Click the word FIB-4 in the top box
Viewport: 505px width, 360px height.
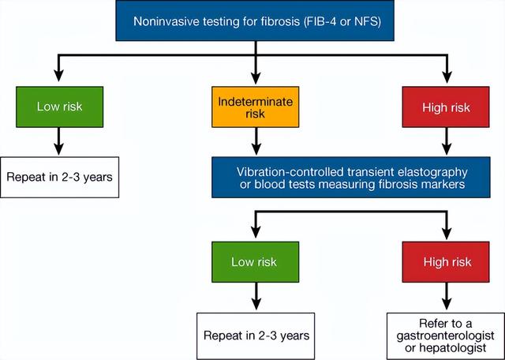320,21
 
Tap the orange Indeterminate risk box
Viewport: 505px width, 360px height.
256,107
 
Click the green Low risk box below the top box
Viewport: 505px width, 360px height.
60,107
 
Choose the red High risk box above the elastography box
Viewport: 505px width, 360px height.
446,107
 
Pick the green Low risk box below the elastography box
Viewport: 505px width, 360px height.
256,262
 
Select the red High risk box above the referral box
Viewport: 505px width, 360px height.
446,262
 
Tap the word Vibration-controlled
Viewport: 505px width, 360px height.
290,172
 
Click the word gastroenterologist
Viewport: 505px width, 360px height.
445,336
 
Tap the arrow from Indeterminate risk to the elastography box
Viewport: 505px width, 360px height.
256,141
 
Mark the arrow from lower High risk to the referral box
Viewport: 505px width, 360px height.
447,296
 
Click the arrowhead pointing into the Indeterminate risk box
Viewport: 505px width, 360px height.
256,77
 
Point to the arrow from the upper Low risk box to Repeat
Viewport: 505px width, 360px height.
58,141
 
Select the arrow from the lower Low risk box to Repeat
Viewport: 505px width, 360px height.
256,296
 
